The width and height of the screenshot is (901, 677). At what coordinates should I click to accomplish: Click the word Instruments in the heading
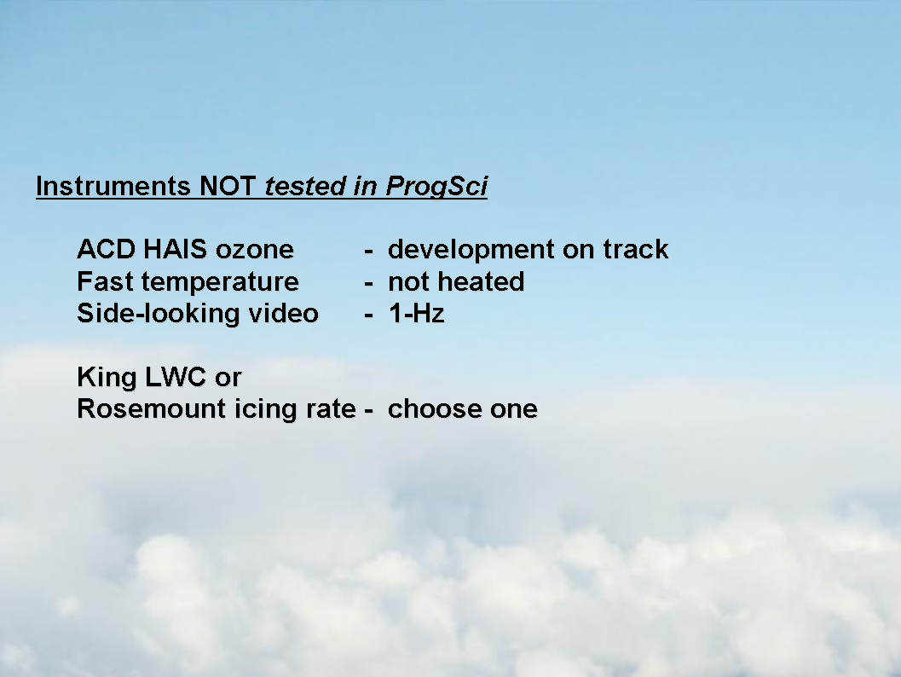point(113,186)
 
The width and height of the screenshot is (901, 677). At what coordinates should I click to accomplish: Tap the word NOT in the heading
point(228,186)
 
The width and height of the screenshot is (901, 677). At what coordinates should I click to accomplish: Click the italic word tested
point(305,186)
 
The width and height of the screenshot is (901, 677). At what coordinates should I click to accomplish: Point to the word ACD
point(107,250)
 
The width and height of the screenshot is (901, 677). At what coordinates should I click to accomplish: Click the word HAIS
point(176,250)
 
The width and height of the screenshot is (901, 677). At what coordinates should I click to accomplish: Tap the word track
point(636,250)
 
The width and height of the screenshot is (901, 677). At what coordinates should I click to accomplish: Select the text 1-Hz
point(417,314)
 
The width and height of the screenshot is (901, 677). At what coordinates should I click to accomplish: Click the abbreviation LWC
point(176,377)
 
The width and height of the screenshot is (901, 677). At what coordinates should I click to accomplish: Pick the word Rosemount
point(152,409)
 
